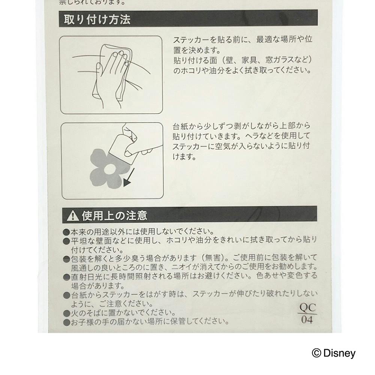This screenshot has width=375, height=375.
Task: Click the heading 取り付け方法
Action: (97, 19)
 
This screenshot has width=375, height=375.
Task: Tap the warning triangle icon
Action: (73, 216)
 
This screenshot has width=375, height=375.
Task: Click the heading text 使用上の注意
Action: (114, 216)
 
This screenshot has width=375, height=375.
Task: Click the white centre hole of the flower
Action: (110, 169)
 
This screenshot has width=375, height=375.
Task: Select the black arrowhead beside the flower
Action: (127, 183)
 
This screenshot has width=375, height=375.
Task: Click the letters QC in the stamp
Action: (308, 307)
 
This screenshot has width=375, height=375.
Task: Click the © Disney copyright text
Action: (334, 353)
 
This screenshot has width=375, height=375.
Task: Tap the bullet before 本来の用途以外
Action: (66, 232)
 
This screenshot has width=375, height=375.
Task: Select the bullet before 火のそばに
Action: (66, 313)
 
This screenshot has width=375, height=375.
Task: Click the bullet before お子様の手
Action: (66, 322)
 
